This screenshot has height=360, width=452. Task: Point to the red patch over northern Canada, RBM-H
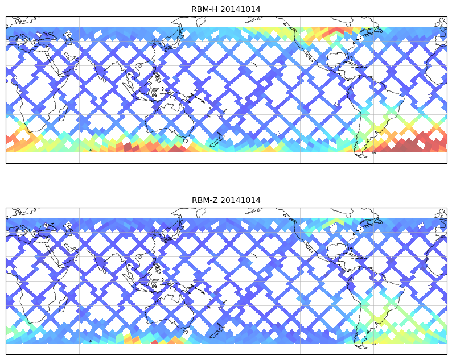(338, 31)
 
